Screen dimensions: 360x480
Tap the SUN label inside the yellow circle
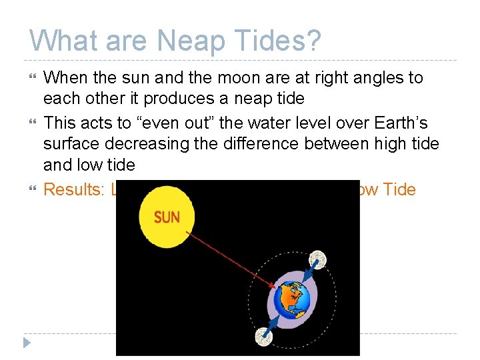pos(167,218)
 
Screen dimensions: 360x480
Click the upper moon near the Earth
pos(319,258)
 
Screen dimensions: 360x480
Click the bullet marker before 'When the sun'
pos(31,78)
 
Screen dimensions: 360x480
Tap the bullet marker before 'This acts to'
pos(31,123)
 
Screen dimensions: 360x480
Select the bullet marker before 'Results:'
pos(31,190)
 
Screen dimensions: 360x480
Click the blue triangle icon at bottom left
pos(27,343)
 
